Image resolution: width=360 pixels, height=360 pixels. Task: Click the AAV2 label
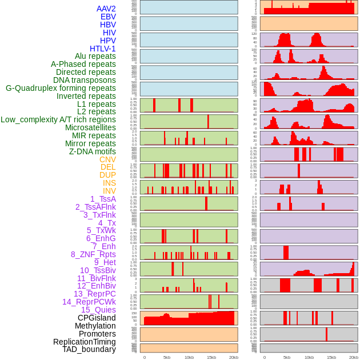[106, 9]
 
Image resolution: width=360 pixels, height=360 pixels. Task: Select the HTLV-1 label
[102, 49]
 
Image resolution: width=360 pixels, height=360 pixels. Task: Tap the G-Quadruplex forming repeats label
[61, 88]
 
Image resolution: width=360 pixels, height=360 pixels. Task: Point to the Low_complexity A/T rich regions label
[58, 119]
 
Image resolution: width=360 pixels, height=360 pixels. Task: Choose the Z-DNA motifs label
[92, 151]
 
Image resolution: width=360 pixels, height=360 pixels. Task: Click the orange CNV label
[107, 159]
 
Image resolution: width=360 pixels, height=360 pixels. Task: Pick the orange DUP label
[107, 175]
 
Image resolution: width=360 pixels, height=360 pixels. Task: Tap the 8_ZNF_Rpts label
[93, 254]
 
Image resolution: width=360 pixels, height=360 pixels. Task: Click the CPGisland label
[97, 318]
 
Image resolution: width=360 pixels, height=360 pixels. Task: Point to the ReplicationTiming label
[85, 342]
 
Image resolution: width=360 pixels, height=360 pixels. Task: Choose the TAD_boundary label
[89, 349]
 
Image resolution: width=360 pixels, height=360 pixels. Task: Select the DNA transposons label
[85, 80]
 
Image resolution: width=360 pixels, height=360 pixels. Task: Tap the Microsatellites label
[90, 127]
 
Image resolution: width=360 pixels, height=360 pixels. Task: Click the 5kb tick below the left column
[167, 357]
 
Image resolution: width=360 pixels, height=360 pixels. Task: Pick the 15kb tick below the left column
[211, 357]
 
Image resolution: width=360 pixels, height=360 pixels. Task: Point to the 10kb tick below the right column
[309, 357]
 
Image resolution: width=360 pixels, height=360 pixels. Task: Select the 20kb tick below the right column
[354, 357]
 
